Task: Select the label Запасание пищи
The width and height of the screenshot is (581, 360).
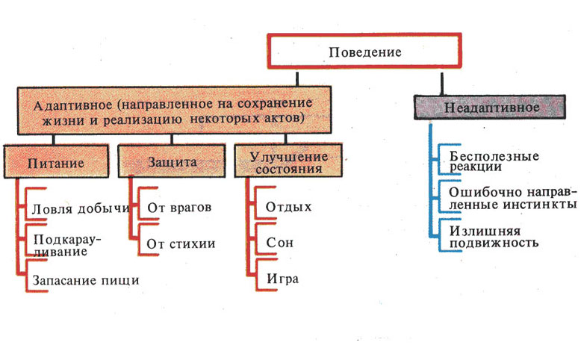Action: click(x=86, y=280)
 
